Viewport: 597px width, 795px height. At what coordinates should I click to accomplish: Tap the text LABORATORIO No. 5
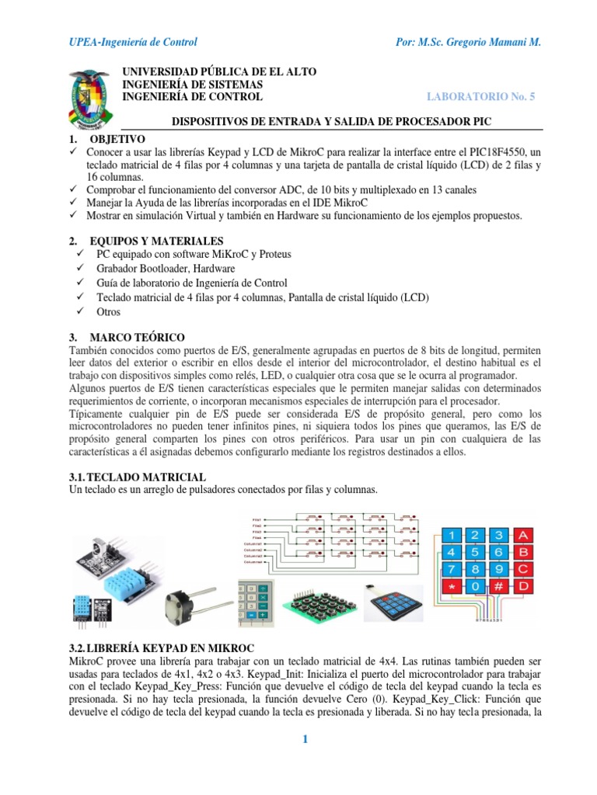(481, 96)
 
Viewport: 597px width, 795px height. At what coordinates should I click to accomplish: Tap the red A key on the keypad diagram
(524, 535)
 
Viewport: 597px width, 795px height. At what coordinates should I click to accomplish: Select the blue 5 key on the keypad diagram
(475, 552)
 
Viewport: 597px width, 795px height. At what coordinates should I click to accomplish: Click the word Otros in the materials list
(109, 311)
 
